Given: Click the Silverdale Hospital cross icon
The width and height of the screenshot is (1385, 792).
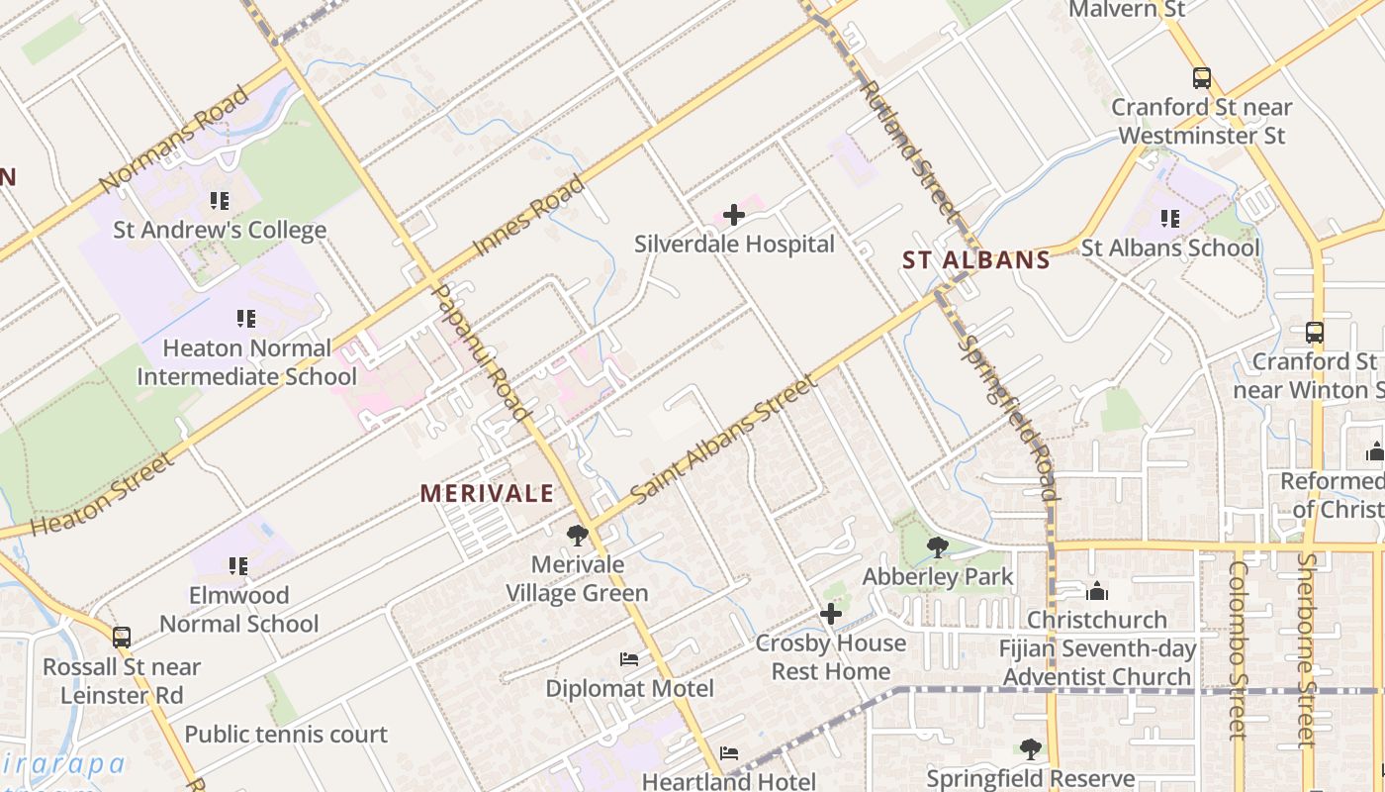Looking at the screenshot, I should pyautogui.click(x=733, y=215).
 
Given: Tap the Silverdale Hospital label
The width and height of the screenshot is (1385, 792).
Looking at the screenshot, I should pyautogui.click(x=734, y=245).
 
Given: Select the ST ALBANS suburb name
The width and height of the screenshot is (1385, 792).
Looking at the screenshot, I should pyautogui.click(x=975, y=260).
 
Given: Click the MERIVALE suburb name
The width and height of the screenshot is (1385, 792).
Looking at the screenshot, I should pyautogui.click(x=487, y=493).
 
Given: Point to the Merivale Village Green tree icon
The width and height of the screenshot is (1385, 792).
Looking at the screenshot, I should pyautogui.click(x=578, y=536).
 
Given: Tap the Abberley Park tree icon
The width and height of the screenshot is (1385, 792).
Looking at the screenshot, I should pyautogui.click(x=937, y=547).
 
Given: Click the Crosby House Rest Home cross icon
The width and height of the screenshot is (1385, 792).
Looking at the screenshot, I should pyautogui.click(x=831, y=615).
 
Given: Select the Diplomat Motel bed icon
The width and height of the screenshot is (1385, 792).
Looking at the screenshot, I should pyautogui.click(x=629, y=659).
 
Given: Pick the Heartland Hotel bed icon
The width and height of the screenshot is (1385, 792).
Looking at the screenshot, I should pyautogui.click(x=729, y=753).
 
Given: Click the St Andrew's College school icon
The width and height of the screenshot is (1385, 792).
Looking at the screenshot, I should pyautogui.click(x=220, y=201).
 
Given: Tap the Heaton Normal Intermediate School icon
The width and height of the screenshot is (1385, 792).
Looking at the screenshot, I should pyautogui.click(x=246, y=319).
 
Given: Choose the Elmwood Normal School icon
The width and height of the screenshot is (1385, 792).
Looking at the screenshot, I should pyautogui.click(x=238, y=566).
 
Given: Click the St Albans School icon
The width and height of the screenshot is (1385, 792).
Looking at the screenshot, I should pyautogui.click(x=1170, y=219).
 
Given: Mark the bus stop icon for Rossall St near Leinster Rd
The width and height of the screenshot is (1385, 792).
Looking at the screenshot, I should pyautogui.click(x=121, y=638).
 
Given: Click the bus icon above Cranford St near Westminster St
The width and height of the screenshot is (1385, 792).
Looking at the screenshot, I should pyautogui.click(x=1202, y=77).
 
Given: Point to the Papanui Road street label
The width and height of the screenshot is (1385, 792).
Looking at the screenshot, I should pyautogui.click(x=484, y=352).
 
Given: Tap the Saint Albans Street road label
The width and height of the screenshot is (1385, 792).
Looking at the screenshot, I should pyautogui.click(x=720, y=440).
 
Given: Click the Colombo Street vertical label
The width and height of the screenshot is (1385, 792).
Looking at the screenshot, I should pyautogui.click(x=1238, y=649).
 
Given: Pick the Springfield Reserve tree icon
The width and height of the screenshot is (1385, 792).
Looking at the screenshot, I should pyautogui.click(x=1030, y=749).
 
